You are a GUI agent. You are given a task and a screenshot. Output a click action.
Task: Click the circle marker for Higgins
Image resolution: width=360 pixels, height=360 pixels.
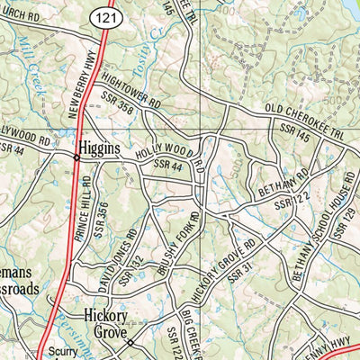[x=76, y=157]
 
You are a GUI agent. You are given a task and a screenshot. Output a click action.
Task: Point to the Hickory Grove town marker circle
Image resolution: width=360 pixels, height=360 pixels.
[x=130, y=342]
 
